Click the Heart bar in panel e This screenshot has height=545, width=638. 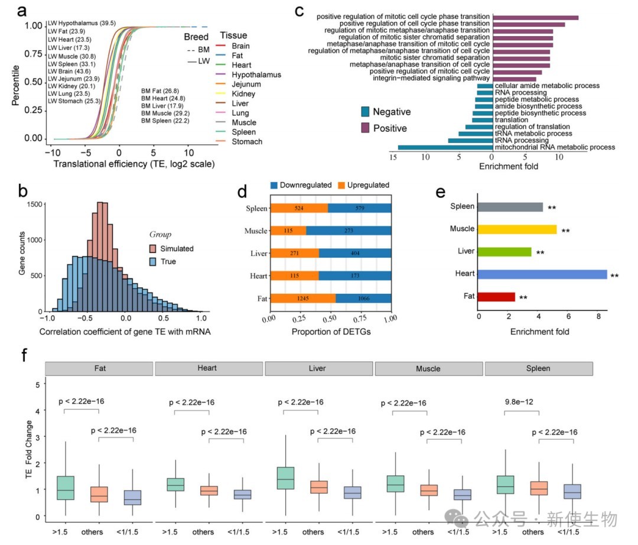pos(542,274)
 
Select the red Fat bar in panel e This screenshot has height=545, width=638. pos(496,297)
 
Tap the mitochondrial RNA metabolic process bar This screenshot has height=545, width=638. pos(445,147)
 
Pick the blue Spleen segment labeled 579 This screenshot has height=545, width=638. pos(359,208)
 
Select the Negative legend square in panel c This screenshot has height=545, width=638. pos(365,111)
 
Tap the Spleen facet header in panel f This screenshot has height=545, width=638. pos(538,368)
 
